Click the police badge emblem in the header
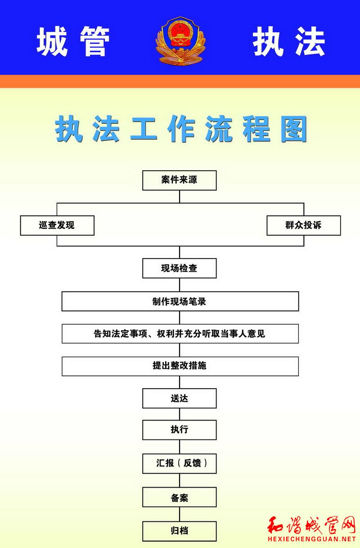pos(180,41)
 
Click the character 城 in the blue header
pos(52,41)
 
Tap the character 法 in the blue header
pos(310,41)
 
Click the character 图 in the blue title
pos(293,129)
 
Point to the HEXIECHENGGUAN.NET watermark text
pos(312,539)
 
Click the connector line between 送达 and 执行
pos(180,414)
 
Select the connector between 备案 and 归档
pos(180,514)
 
